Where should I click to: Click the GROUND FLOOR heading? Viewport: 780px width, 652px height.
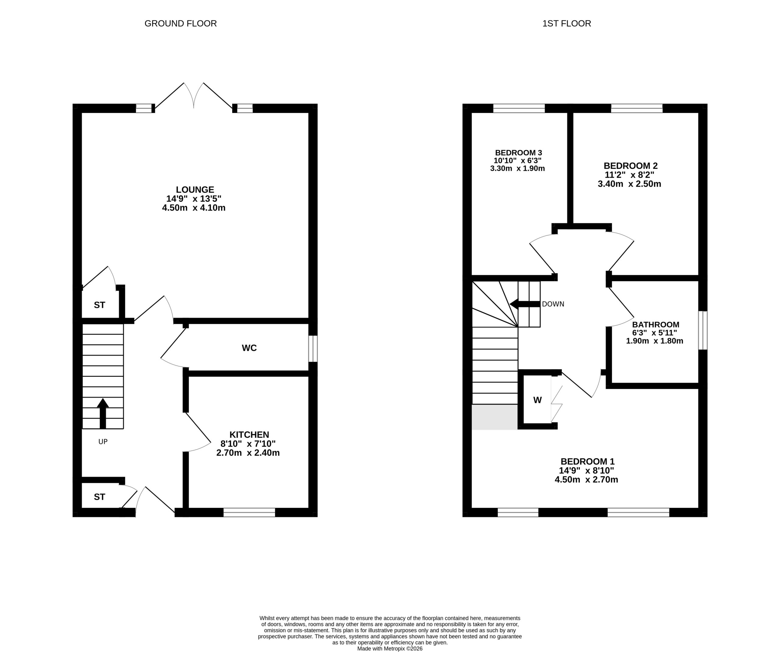click(x=180, y=24)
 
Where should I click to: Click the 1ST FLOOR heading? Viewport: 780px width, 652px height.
click(x=566, y=24)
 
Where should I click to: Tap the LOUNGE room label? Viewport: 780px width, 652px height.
click(x=195, y=190)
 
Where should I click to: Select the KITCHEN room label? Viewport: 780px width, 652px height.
click(x=249, y=435)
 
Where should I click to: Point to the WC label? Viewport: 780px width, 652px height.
click(x=249, y=348)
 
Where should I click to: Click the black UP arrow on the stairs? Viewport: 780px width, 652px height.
click(x=103, y=413)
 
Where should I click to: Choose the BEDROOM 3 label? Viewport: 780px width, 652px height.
click(x=519, y=153)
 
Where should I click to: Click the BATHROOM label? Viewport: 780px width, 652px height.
click(x=656, y=325)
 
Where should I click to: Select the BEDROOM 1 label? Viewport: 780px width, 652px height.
click(x=588, y=462)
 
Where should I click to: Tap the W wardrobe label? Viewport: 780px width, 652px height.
click(x=537, y=400)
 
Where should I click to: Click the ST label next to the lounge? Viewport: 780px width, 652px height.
click(x=100, y=305)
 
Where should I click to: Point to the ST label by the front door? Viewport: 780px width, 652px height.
click(x=100, y=497)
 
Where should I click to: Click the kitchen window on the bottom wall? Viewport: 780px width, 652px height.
click(x=249, y=513)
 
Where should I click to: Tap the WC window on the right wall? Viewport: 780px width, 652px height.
click(x=313, y=349)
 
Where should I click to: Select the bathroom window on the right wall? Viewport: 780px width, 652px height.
click(x=703, y=331)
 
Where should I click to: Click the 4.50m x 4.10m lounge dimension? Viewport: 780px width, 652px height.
click(x=194, y=208)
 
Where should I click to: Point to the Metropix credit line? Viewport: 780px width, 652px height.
click(x=390, y=649)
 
